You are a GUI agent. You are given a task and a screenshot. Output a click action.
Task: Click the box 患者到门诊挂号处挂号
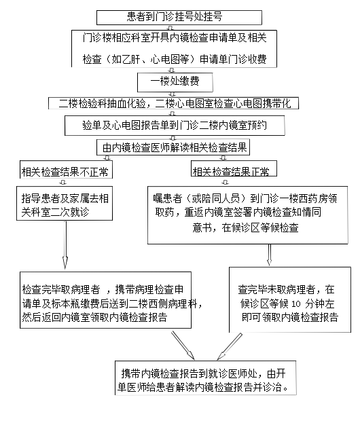[x=179, y=17]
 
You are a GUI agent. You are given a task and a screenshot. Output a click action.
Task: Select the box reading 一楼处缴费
[x=175, y=82]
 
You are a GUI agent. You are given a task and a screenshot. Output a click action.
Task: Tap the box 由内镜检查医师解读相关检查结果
[x=173, y=147]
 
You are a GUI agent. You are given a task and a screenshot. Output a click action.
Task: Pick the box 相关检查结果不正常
[x=66, y=170]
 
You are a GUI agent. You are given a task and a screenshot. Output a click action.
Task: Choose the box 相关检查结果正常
[x=234, y=168]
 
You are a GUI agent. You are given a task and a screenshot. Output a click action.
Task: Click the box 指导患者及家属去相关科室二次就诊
[x=65, y=203]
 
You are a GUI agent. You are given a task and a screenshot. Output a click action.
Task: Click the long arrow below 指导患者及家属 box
[x=65, y=245]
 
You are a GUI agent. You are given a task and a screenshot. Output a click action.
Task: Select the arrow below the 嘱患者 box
[x=269, y=255]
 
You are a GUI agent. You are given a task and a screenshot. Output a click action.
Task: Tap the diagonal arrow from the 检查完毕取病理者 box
[x=183, y=346]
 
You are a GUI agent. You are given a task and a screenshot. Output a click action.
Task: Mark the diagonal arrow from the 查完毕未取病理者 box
[x=230, y=346]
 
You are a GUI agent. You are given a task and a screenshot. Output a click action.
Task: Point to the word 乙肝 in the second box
[x=131, y=59]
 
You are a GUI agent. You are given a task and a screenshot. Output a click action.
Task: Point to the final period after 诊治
[x=286, y=390]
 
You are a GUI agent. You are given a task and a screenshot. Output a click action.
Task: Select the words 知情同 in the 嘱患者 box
[x=306, y=212]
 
